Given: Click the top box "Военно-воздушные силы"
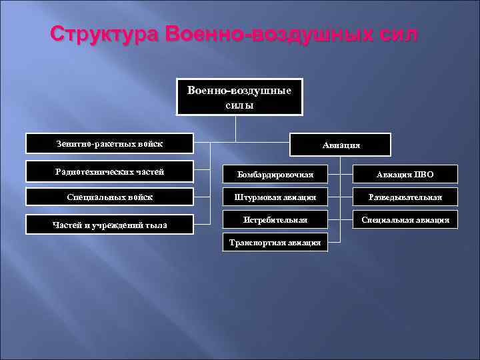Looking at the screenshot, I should pyautogui.click(x=239, y=97).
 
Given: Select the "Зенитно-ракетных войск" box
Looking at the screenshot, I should pyautogui.click(x=109, y=144).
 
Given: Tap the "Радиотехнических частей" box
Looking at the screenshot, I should pyautogui.click(x=109, y=172).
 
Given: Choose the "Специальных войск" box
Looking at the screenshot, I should pyautogui.click(x=109, y=197).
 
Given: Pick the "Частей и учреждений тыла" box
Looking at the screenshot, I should pyautogui.click(x=109, y=225).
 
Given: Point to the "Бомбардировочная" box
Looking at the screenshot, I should pyautogui.click(x=275, y=175).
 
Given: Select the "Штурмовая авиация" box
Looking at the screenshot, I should pyautogui.click(x=275, y=198).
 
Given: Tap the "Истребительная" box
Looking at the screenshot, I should pyautogui.click(x=275, y=220).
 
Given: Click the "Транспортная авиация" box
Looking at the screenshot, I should pyautogui.click(x=275, y=243).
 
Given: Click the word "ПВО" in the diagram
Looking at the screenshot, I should pyautogui.click(x=424, y=175).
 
